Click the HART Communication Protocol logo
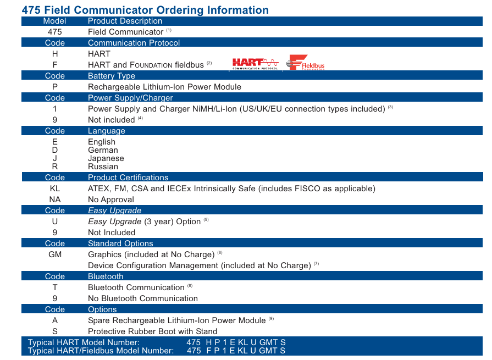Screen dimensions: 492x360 pyautogui.click(x=255, y=64)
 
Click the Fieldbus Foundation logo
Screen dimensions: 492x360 pyautogui.click(x=305, y=63)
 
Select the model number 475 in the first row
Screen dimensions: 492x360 pyautogui.click(x=55, y=32)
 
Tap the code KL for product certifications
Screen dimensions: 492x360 pyautogui.click(x=55, y=189)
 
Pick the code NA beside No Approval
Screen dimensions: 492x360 pyautogui.click(x=55, y=200)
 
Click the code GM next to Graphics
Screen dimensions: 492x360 pyautogui.click(x=55, y=254)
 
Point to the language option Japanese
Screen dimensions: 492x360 pyautogui.click(x=106, y=159)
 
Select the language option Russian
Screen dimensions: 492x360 pyautogui.click(x=103, y=167)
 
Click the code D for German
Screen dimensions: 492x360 pyautogui.click(x=55, y=150)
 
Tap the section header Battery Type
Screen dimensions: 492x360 pyautogui.click(x=112, y=76)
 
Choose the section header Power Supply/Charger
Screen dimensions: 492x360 pyautogui.click(x=130, y=98)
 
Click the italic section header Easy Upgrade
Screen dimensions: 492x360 pyautogui.click(x=114, y=211)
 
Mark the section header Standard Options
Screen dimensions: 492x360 pyautogui.click(x=120, y=243)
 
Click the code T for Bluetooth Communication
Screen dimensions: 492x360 pyautogui.click(x=55, y=287)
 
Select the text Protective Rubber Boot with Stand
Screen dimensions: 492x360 pyautogui.click(x=152, y=331)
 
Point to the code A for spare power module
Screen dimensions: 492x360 pyautogui.click(x=55, y=320)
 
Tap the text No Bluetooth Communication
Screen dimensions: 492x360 pyautogui.click(x=143, y=298)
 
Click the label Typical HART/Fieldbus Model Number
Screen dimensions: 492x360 pyautogui.click(x=101, y=351)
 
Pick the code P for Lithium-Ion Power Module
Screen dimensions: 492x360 pyautogui.click(x=55, y=87)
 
